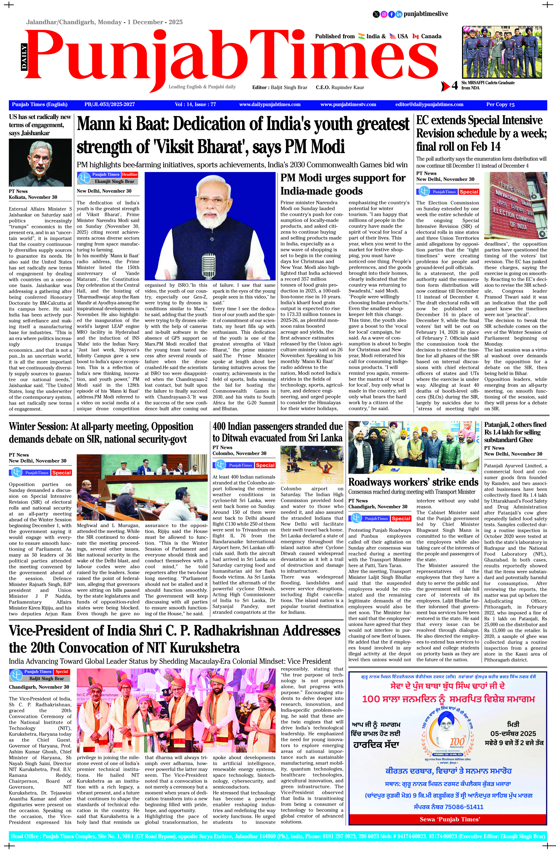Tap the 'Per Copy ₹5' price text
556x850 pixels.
click(x=500, y=105)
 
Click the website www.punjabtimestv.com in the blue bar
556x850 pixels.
click(x=348, y=105)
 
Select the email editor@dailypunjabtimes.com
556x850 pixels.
click(x=429, y=105)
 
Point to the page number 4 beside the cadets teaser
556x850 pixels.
click(x=455, y=86)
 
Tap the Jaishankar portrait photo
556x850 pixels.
click(x=40, y=163)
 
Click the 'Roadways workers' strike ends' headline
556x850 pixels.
click(x=413, y=482)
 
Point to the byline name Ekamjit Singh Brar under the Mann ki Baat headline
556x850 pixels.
click(x=109, y=181)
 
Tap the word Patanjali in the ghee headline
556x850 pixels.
click(x=497, y=425)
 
